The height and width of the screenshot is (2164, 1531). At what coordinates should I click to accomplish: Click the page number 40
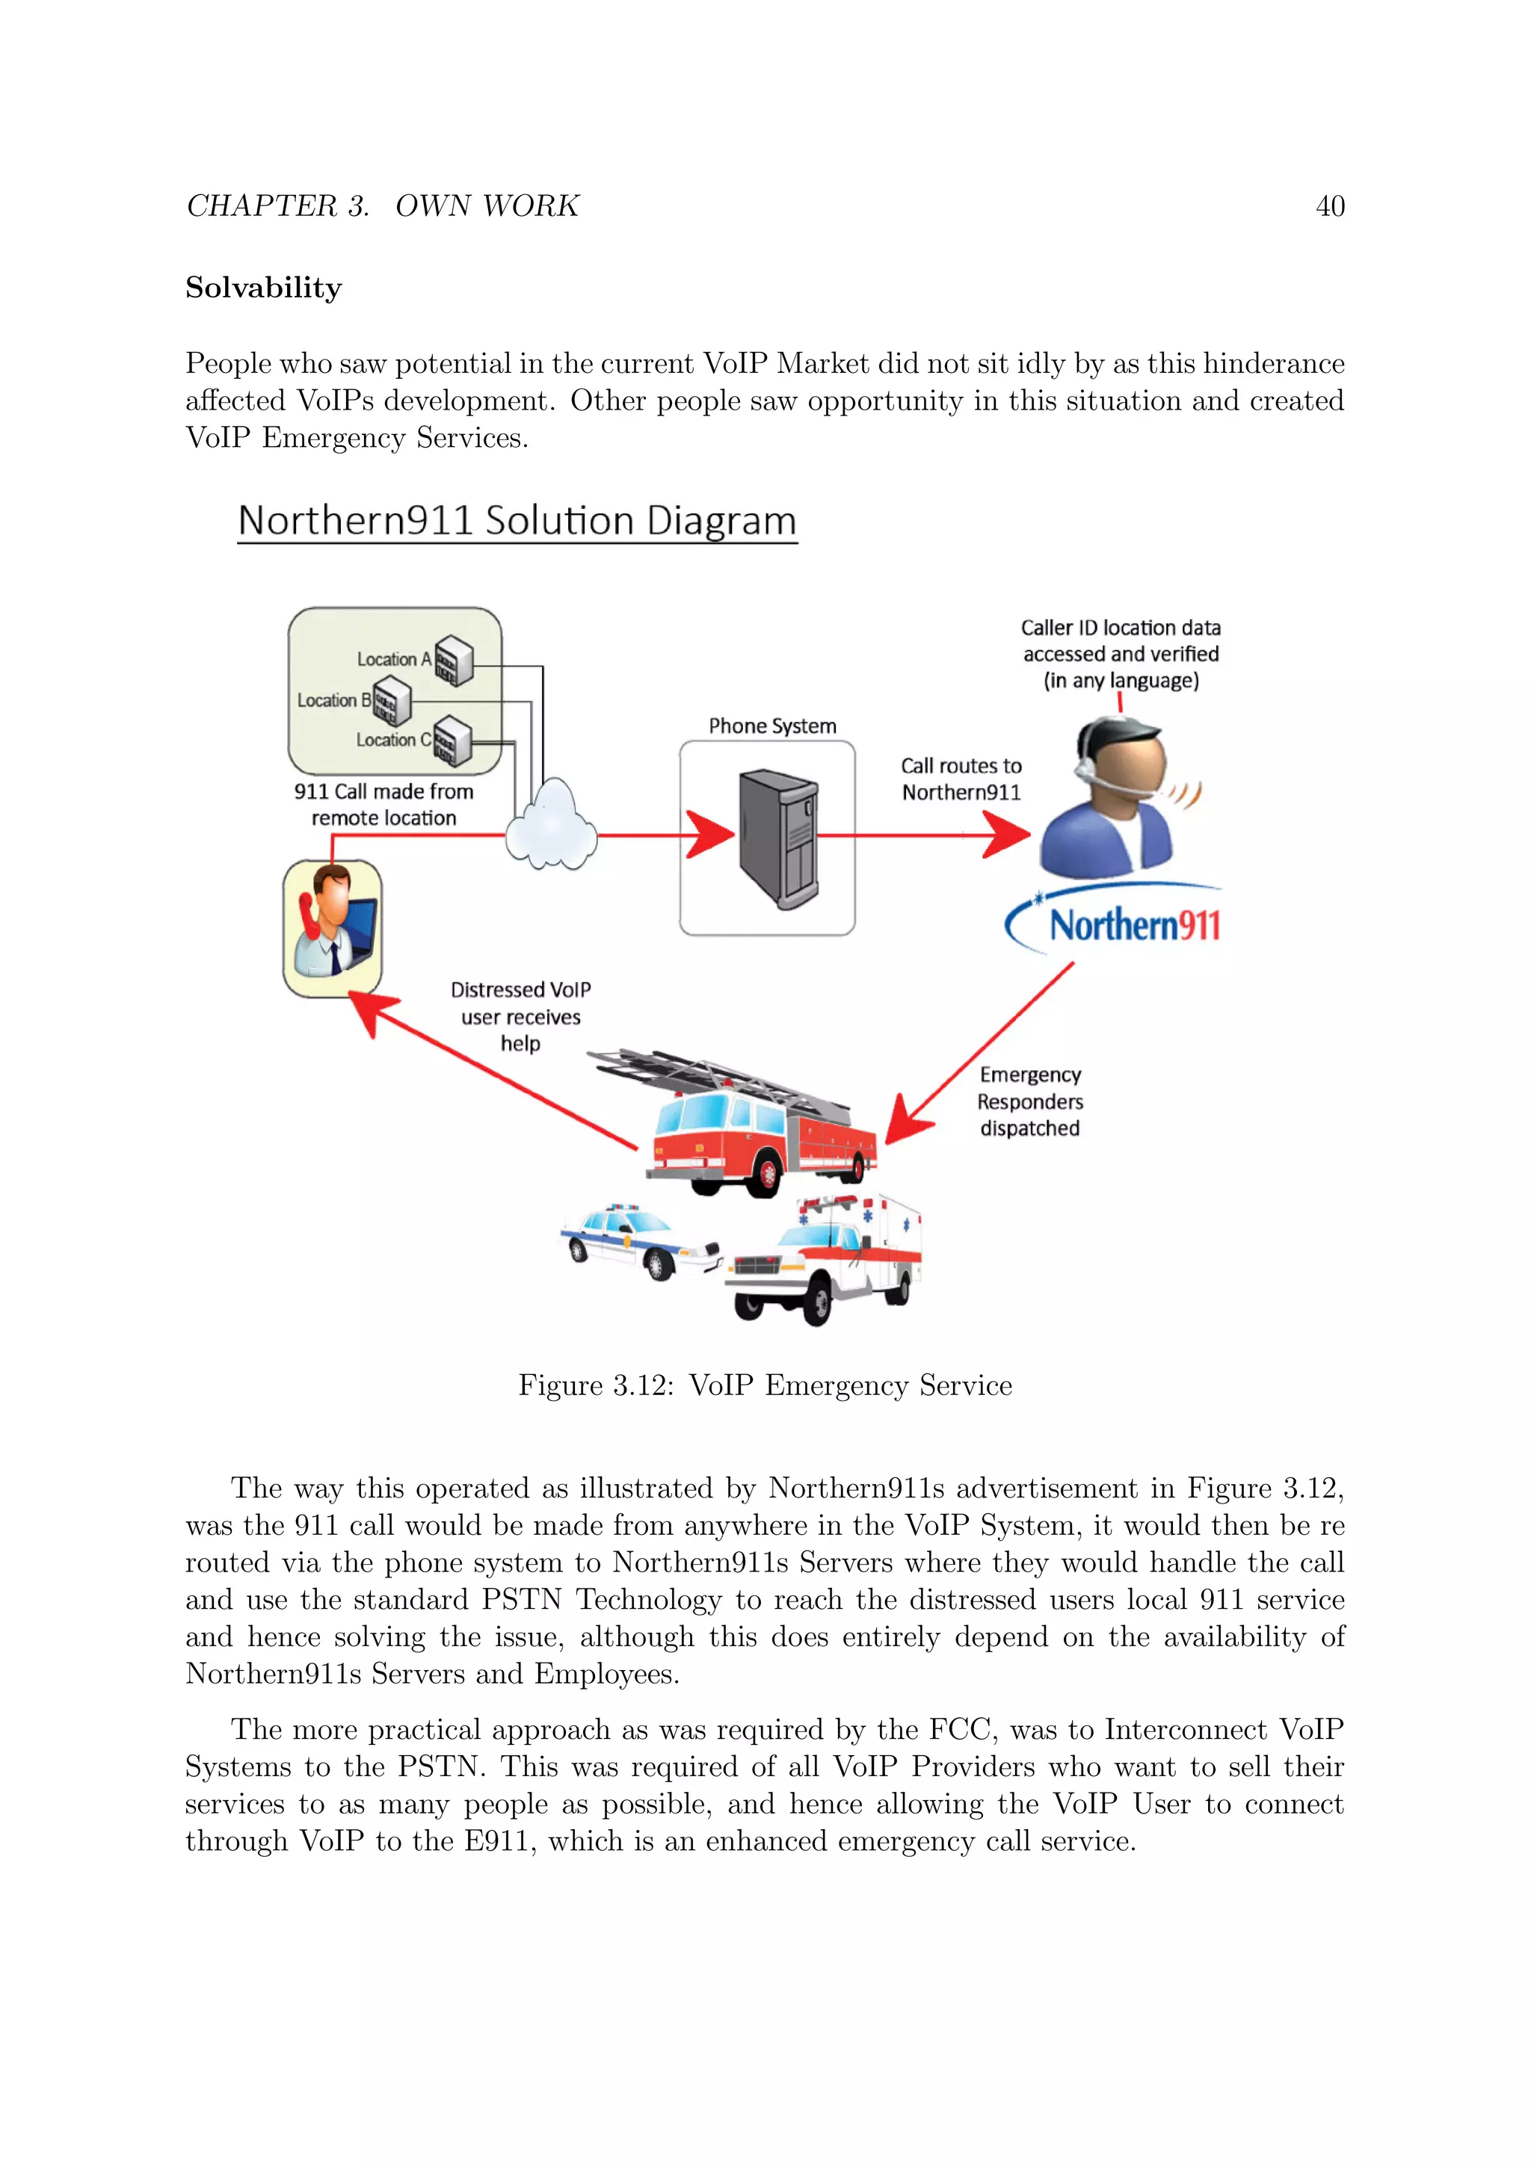(1329, 206)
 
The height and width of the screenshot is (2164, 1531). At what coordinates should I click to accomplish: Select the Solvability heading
(263, 288)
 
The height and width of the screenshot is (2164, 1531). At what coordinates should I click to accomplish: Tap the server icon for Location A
(454, 660)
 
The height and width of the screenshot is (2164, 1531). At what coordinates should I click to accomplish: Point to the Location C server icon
(452, 740)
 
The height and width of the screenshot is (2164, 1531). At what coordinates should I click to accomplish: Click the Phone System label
(772, 726)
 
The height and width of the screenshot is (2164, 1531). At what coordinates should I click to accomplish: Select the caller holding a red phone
(332, 927)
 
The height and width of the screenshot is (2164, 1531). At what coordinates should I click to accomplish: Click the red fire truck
(745, 1126)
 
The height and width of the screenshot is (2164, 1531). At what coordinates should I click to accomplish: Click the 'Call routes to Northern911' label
(961, 779)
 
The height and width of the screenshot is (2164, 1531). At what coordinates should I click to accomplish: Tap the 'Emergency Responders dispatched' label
(1029, 1101)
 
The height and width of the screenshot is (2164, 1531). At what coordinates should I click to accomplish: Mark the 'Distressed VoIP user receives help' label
(520, 1016)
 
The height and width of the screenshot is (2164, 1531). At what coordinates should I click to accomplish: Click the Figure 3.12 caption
(765, 1385)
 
